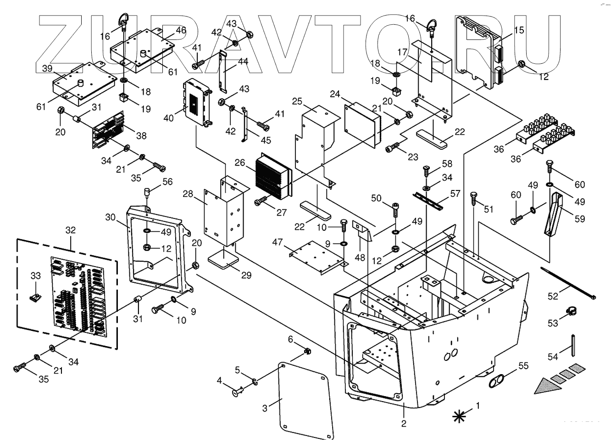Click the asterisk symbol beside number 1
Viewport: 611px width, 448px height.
(x=458, y=416)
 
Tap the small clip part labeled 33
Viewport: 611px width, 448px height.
(x=34, y=297)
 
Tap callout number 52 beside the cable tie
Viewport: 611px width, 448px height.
(x=553, y=296)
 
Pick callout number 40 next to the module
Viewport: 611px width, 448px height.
(x=168, y=118)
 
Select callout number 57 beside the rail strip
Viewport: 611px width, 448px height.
(x=455, y=194)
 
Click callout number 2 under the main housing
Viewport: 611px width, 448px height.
(x=404, y=423)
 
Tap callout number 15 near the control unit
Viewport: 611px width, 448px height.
(x=519, y=30)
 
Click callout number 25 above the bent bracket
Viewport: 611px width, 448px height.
(x=297, y=101)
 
